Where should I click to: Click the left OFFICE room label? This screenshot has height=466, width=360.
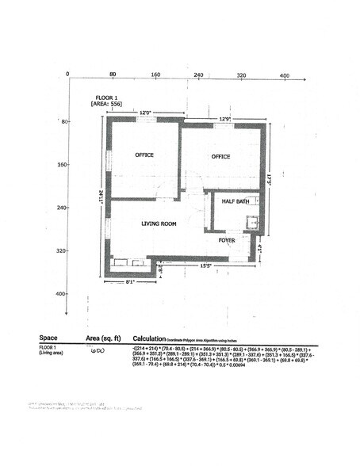point(144,155)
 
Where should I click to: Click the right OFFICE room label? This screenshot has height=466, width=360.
point(220,157)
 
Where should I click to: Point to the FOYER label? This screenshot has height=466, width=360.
point(227,239)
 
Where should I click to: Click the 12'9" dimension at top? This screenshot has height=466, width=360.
point(224,120)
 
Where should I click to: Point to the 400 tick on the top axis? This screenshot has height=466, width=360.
point(284,74)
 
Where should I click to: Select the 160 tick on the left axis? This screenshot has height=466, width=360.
point(63,165)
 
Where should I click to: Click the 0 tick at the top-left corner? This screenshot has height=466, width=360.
point(68,74)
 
